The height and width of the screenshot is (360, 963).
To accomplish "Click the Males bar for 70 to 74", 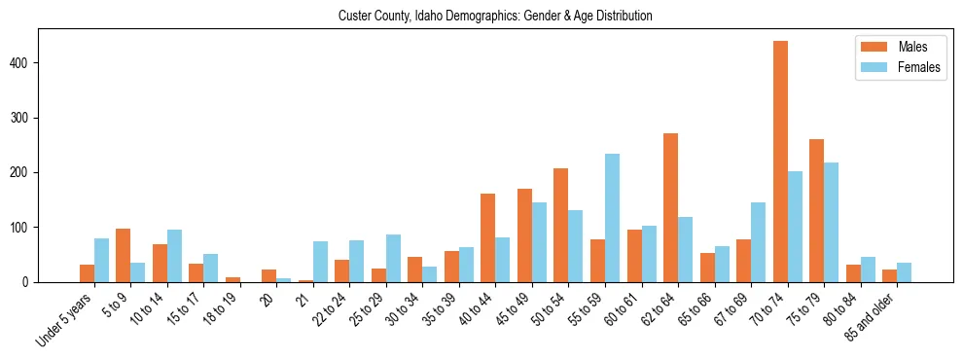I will point(780,162).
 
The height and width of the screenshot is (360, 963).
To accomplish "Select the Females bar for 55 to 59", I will point(612,218).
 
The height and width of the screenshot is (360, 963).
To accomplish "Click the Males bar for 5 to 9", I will point(123,255).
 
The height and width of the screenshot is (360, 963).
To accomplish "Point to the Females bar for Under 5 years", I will point(101,260).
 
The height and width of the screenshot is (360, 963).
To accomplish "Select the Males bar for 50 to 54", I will point(560,225).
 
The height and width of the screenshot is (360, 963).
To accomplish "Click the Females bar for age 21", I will point(320,262).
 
